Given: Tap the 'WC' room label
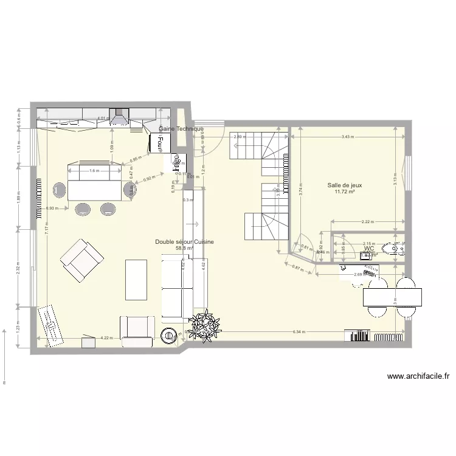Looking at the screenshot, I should click(x=368, y=248).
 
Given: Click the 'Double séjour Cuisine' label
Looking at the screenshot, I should click(x=184, y=241).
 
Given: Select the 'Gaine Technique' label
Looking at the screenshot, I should click(x=181, y=129).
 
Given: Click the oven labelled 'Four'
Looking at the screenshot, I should click(x=160, y=143).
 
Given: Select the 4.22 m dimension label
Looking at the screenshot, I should click(x=107, y=338).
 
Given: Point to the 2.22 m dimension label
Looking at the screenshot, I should click(x=367, y=222).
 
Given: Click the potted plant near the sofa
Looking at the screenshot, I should click(x=204, y=324).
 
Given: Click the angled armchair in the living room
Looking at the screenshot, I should click(x=81, y=260).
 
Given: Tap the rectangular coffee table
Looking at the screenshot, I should click(x=136, y=280).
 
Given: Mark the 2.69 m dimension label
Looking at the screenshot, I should click(x=359, y=275).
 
